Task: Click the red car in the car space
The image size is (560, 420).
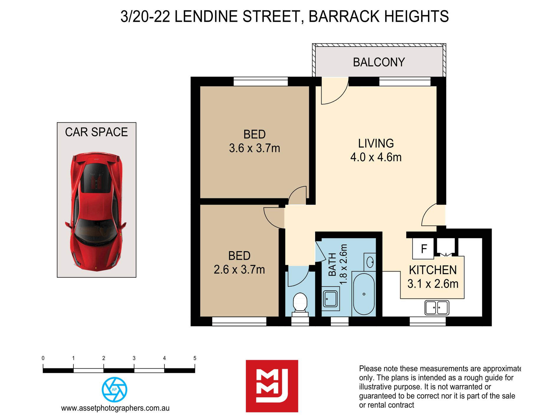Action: click(96, 211)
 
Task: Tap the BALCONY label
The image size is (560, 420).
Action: click(379, 62)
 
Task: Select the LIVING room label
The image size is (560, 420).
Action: click(376, 144)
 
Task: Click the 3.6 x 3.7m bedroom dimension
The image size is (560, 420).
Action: click(254, 148)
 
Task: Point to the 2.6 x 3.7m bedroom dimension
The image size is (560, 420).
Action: click(239, 269)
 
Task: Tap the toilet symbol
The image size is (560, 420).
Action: click(300, 302)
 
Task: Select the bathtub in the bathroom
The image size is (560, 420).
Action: click(364, 294)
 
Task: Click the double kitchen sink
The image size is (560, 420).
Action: click(437, 307)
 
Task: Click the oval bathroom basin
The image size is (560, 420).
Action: click(370, 262)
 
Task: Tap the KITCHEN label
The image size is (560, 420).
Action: click(433, 270)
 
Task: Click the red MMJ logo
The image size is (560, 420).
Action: click(272, 386)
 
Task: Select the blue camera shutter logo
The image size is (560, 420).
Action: click(114, 389)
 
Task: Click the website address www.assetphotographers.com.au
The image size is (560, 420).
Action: click(115, 408)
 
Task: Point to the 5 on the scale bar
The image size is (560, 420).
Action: click(195, 358)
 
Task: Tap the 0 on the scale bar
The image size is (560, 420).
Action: click(43, 358)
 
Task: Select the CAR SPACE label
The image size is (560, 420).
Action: click(96, 132)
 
